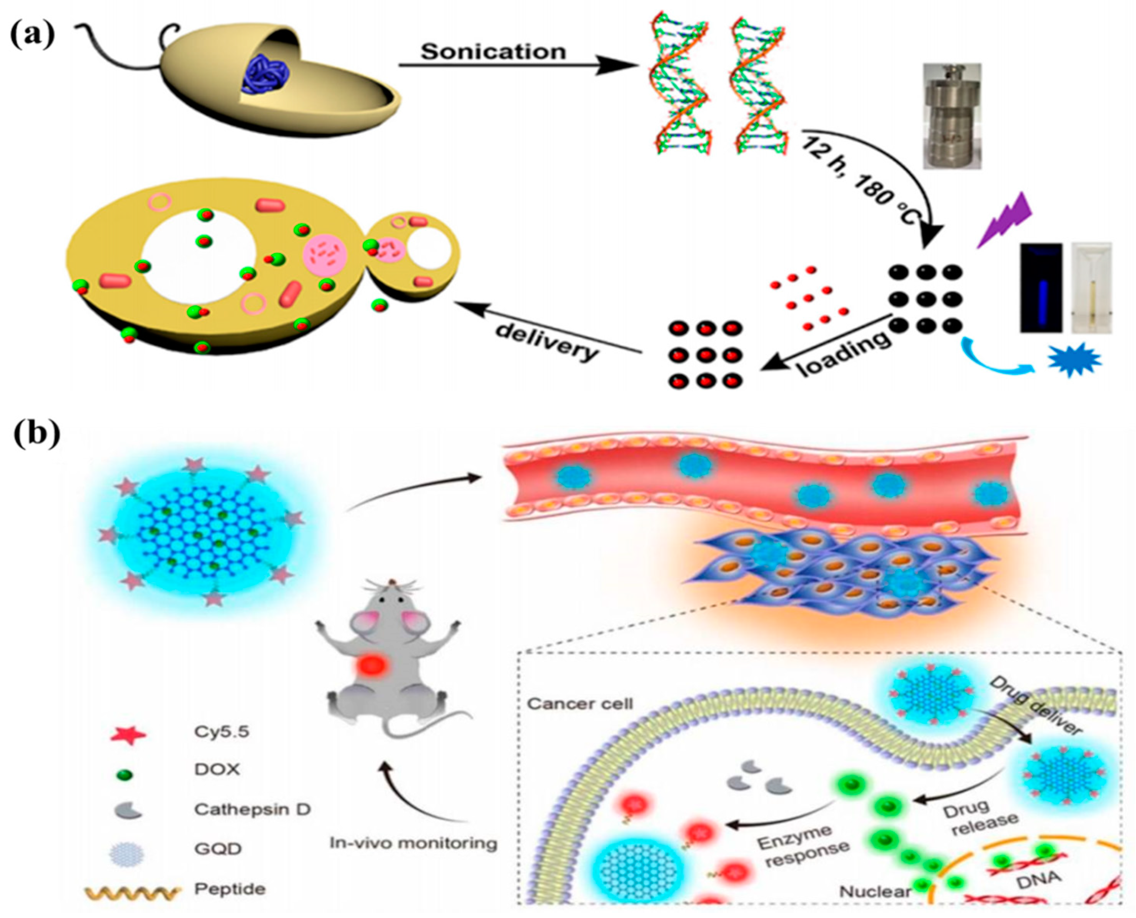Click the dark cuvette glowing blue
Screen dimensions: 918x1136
coord(1040,288)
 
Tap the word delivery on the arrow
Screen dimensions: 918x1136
coord(547,342)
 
